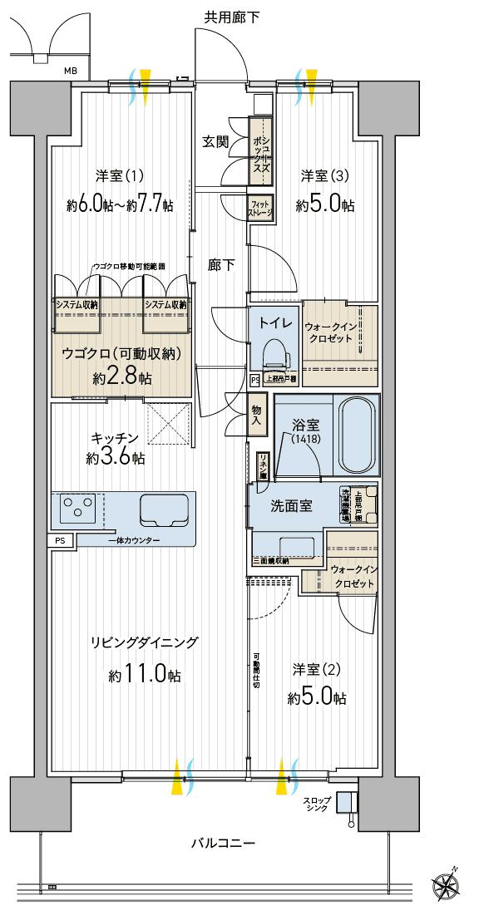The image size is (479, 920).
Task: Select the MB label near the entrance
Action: pos(71,71)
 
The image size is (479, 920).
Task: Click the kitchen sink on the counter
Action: pos(165,509)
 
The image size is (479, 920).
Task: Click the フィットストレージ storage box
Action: pos(260,206)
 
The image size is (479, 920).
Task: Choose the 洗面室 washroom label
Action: pos(291,504)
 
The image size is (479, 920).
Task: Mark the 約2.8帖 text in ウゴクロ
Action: pos(122,377)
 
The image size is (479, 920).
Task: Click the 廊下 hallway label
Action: pos(221,265)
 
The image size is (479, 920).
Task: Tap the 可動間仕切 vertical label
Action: pos(256,675)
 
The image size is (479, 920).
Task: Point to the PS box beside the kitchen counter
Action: pos(60,540)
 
